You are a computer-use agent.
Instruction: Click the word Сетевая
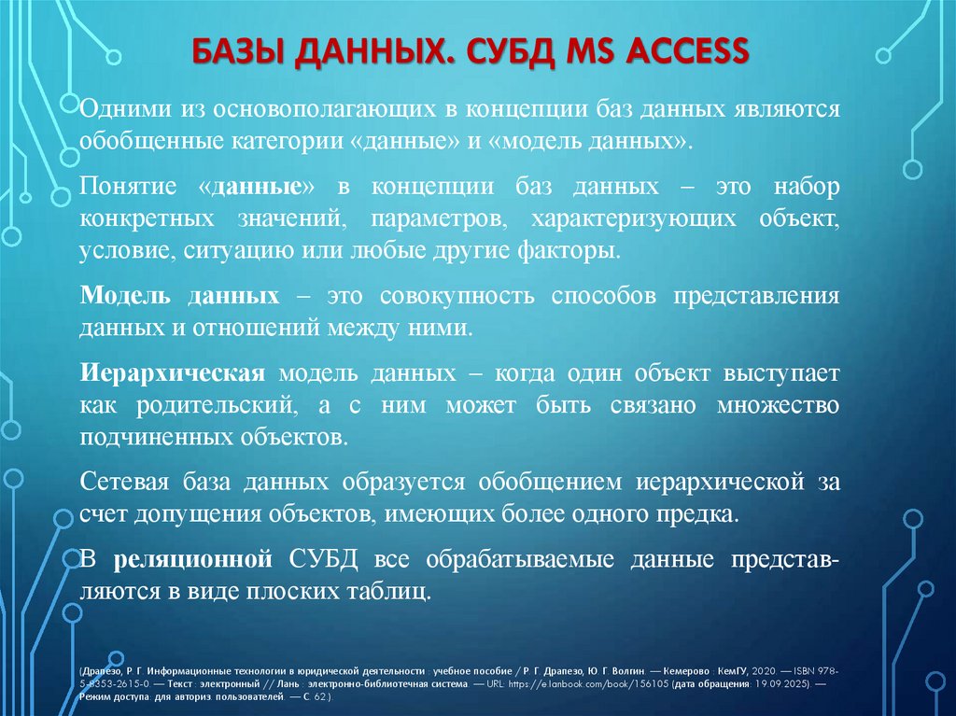click(x=122, y=483)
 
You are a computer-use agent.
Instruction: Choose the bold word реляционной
click(x=192, y=559)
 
